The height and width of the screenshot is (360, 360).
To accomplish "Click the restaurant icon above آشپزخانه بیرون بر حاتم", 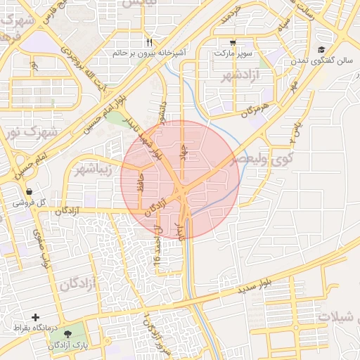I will [x=149, y=42].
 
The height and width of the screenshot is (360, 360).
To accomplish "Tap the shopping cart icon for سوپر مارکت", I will [x=233, y=42].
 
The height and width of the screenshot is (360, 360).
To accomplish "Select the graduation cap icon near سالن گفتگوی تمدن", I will [x=321, y=49].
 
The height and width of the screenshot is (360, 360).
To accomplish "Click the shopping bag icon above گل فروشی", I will [x=29, y=191].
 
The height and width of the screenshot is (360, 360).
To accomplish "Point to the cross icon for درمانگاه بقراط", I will [x=36, y=318].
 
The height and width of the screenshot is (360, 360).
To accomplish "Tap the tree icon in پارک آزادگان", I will [x=67, y=334].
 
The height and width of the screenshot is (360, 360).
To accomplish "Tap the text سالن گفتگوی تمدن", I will [x=325, y=61].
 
